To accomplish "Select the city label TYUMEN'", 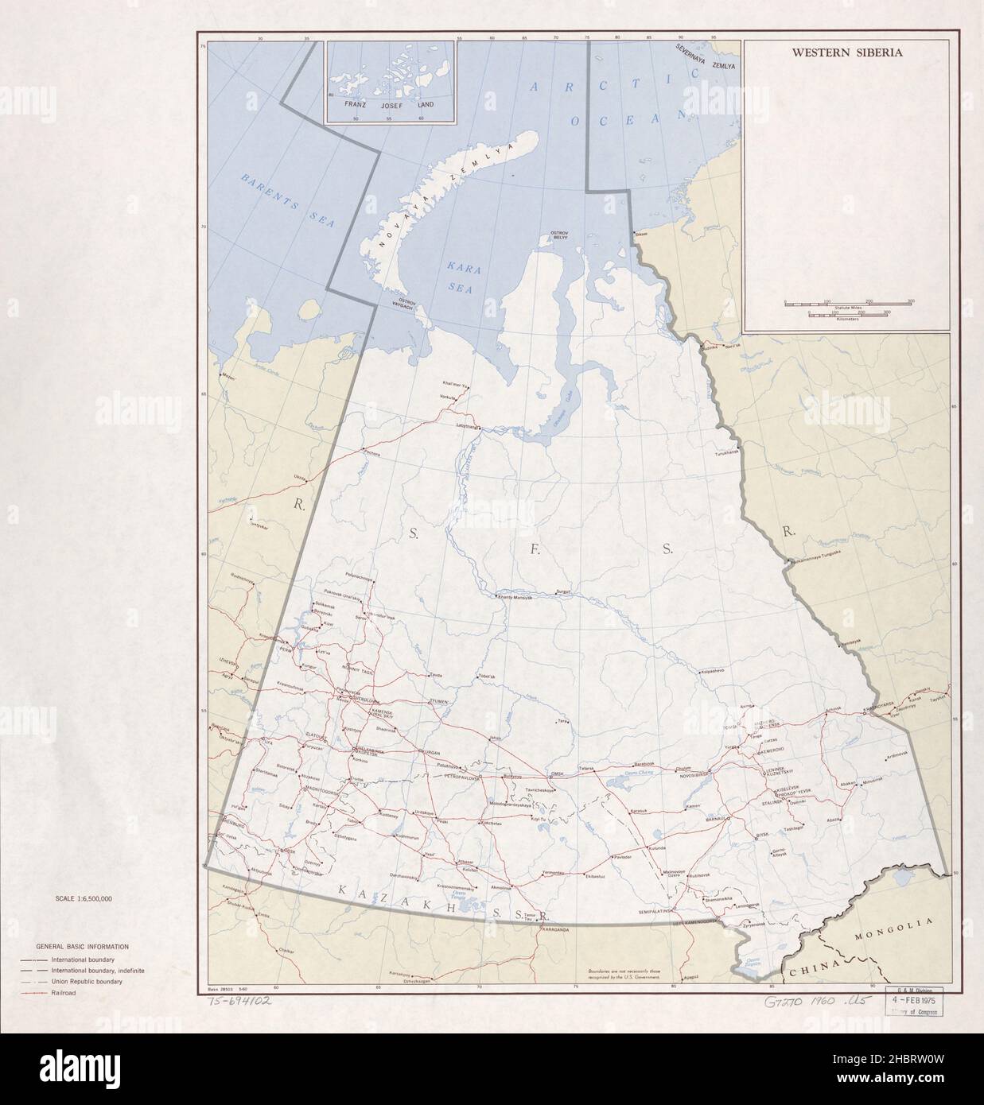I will [x=439, y=701].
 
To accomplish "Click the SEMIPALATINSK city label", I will [x=655, y=911].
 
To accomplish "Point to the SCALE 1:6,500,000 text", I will [x=84, y=898].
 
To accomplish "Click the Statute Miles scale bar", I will [x=848, y=304].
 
